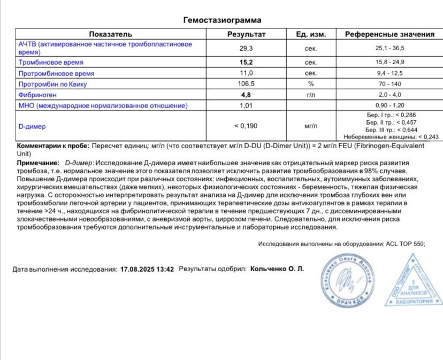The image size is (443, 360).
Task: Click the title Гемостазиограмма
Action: pyautogui.click(x=223, y=20)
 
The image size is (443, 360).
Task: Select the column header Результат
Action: pyautogui.click(x=247, y=34)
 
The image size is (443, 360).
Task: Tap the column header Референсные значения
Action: pyautogui.click(x=389, y=34)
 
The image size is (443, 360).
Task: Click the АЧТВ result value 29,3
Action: pyautogui.click(x=247, y=48)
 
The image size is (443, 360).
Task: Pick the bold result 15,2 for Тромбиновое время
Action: pyautogui.click(x=247, y=62)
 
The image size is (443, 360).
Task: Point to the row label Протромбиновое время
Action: pyautogui.click(x=57, y=73)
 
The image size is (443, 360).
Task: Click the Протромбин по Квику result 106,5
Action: pyautogui.click(x=247, y=84)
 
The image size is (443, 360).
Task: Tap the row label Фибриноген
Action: pyautogui.click(x=40, y=95)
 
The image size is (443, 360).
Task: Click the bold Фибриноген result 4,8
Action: pyautogui.click(x=247, y=95)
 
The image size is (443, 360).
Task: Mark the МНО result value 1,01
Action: pyautogui.click(x=247, y=106)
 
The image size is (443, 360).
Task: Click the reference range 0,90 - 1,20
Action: pyautogui.click(x=389, y=106)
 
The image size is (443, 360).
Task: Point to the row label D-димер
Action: pyautogui.click(x=32, y=127)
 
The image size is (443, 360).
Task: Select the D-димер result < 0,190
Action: pyautogui.click(x=247, y=127)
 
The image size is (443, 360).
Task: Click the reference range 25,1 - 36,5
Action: pyautogui.click(x=389, y=48)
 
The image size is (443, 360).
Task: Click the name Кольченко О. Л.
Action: pyautogui.click(x=277, y=269)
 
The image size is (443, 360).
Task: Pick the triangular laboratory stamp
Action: pyautogui.click(x=411, y=282)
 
